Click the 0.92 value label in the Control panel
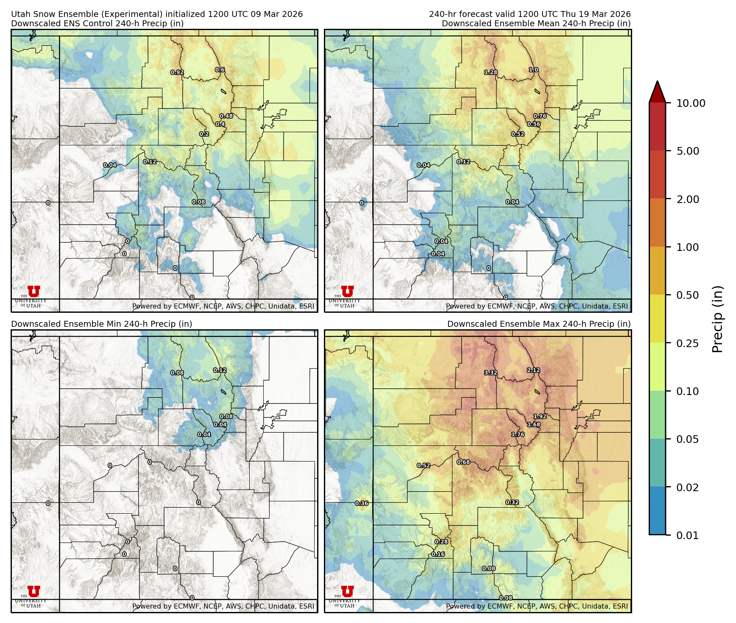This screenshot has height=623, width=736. click(177, 72)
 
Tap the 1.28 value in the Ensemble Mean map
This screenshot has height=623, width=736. click(491, 72)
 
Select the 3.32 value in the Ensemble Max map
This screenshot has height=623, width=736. click(491, 373)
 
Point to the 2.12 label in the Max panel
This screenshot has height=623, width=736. click(533, 370)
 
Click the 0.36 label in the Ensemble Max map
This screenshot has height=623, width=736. click(362, 503)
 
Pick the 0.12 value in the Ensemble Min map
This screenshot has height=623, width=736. click(220, 370)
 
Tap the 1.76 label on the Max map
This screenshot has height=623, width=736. click(518, 434)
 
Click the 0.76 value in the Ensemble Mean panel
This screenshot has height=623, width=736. click(540, 116)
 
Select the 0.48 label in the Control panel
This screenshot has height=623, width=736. click(226, 116)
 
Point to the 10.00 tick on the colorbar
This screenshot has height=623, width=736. click(691, 103)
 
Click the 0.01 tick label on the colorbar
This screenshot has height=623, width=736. click(687, 535)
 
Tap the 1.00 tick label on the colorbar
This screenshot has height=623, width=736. click(687, 247)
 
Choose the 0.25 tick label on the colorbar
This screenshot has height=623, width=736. click(687, 343)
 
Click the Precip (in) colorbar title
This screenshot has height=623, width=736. click(717, 319)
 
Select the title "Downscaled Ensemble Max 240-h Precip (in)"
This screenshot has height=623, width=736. click(539, 324)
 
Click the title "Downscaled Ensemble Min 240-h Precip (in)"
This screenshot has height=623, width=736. click(102, 324)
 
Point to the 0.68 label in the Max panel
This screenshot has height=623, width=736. click(463, 462)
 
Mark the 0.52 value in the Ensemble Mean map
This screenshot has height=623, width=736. click(518, 134)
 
